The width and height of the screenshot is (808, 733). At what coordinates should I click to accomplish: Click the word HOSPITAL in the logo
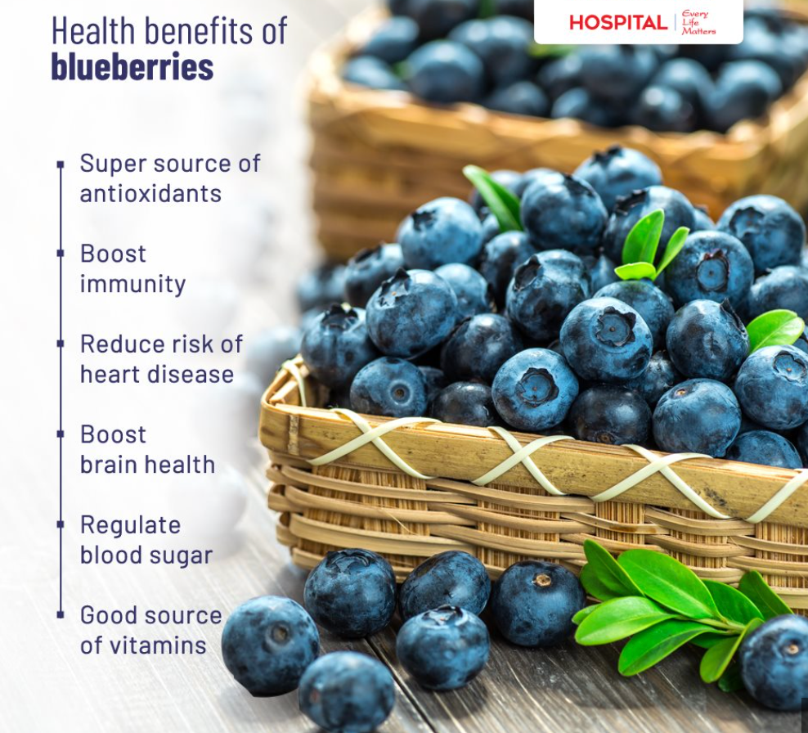point(617,22)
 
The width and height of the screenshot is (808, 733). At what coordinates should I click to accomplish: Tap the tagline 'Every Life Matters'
point(698,23)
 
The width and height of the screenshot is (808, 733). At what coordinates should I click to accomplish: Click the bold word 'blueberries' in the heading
point(132,67)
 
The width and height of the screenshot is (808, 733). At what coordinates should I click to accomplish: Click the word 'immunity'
point(132,285)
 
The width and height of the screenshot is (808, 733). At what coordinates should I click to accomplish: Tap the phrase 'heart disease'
point(157,375)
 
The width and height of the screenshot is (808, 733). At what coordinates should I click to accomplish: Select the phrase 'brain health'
point(147,465)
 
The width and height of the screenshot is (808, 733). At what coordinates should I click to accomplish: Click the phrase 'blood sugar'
point(146,555)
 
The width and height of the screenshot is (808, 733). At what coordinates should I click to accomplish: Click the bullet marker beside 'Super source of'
point(60,164)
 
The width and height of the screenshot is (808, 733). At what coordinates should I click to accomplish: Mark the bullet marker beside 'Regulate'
point(60,525)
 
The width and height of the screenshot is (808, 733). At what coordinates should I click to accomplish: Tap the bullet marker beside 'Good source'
point(60,614)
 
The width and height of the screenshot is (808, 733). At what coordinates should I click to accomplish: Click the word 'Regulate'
point(130,525)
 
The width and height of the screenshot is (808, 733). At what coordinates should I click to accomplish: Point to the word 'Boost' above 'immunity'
point(113,254)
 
